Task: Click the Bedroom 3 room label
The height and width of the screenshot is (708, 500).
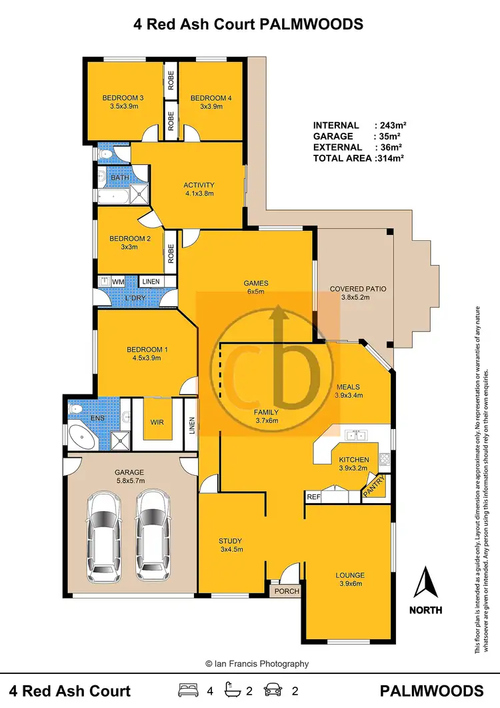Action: pos(123,99)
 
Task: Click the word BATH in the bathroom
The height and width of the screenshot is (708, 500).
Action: pos(120,178)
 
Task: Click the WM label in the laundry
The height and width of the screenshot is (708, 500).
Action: pos(118,282)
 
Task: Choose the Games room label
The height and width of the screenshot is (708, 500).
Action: pos(256,283)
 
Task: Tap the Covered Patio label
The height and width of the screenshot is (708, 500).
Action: pos(358,289)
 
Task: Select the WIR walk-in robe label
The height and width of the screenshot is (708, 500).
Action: pos(158,422)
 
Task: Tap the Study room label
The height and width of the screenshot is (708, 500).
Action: pos(230,541)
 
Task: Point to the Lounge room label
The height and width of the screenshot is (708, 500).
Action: pos(349,575)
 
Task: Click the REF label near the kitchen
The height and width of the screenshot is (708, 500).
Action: pos(313,496)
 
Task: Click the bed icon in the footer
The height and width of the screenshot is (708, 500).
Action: pos(187,690)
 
